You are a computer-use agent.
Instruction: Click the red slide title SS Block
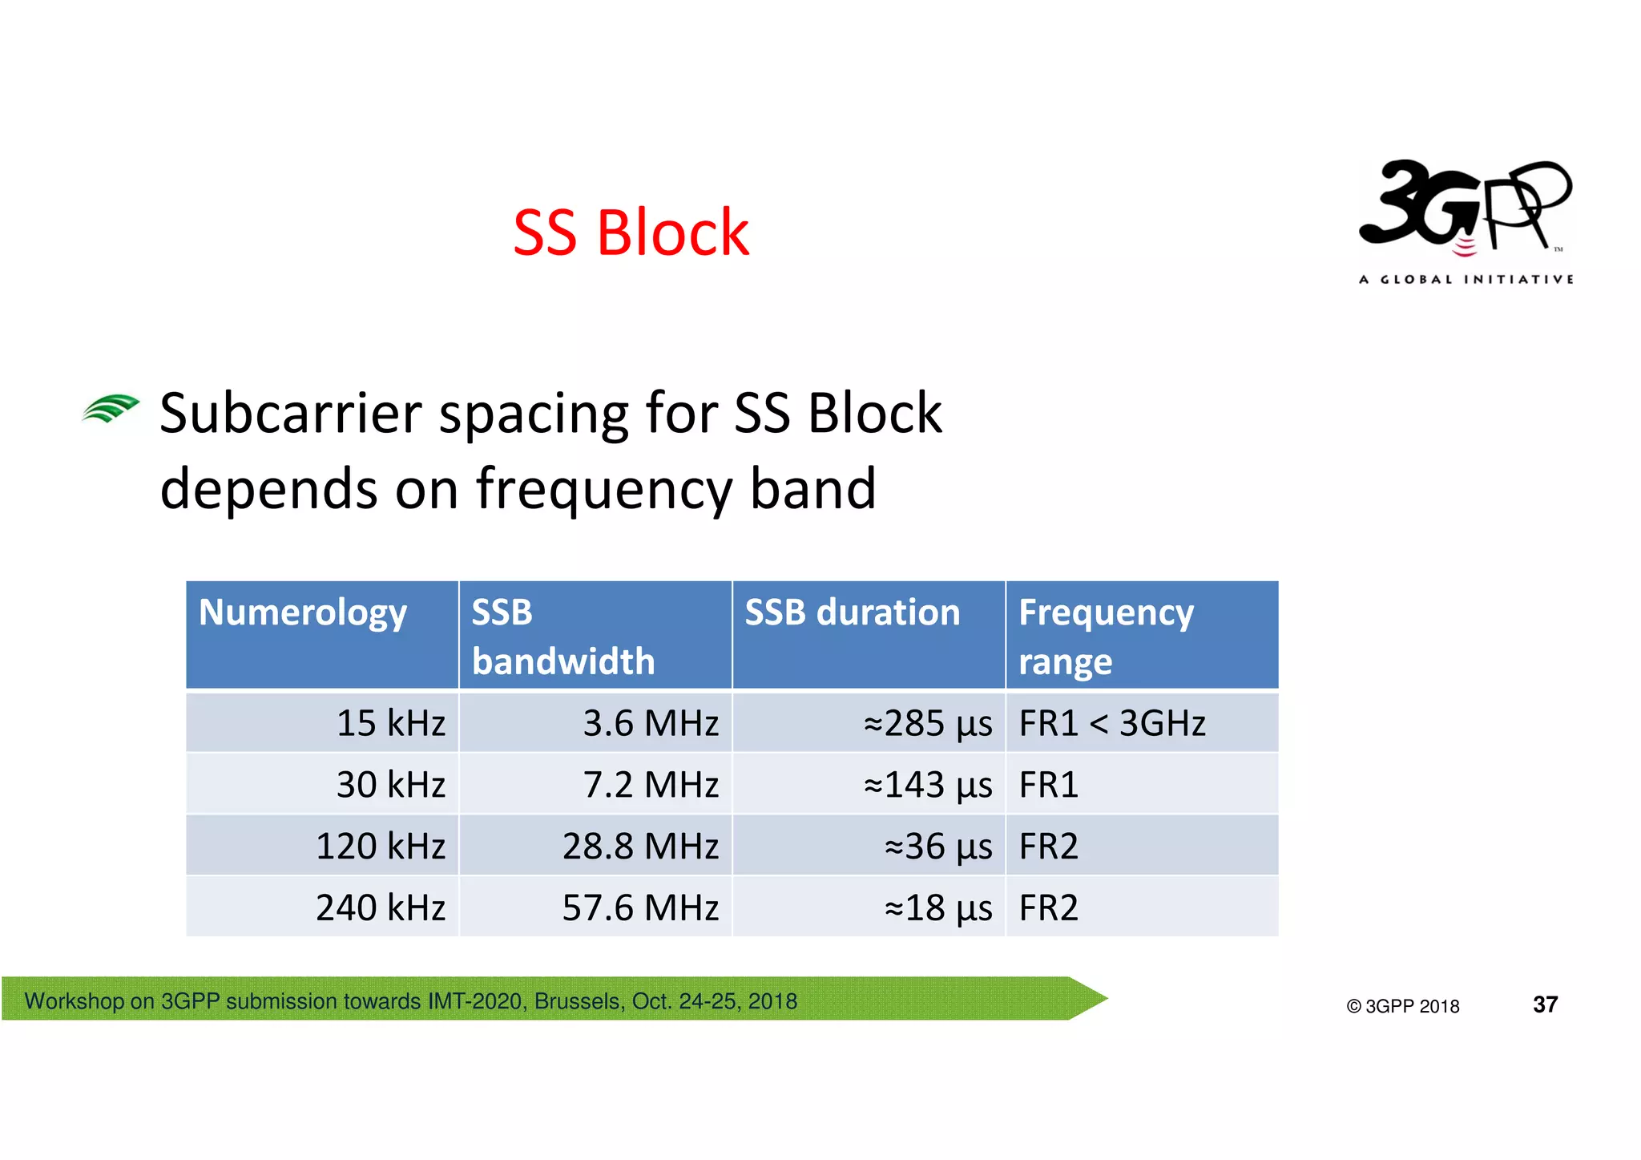click(631, 232)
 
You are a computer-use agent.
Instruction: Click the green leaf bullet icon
click(111, 409)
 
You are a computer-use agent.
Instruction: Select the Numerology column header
click(303, 612)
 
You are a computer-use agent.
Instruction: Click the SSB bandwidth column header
click(562, 637)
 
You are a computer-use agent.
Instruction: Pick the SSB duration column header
click(852, 612)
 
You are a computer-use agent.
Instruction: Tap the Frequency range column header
click(1106, 637)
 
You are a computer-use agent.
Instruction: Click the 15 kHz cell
click(390, 723)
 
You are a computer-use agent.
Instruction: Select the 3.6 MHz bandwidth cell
click(650, 723)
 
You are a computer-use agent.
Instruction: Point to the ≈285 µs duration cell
click(927, 723)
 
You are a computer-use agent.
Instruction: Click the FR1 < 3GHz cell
click(1111, 723)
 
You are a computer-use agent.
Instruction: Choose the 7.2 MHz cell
click(650, 785)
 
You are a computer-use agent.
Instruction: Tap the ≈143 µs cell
click(927, 785)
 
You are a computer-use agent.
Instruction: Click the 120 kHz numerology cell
click(380, 847)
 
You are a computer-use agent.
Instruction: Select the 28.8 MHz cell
click(640, 847)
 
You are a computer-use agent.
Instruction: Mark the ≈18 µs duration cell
click(937, 908)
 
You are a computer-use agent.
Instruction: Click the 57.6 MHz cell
click(640, 908)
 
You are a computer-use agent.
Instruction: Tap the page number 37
click(1545, 1004)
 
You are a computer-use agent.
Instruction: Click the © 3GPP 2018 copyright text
click(1402, 1006)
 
